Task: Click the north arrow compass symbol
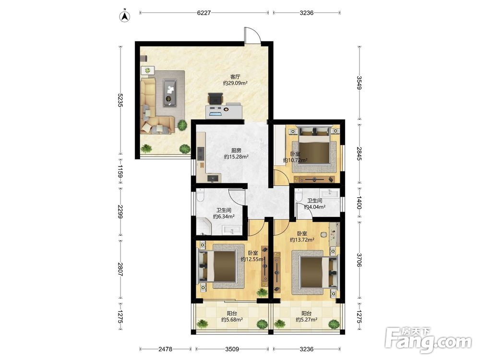point(125,16)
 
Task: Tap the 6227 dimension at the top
point(204,13)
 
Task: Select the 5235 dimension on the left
point(120,100)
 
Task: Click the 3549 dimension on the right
point(360,83)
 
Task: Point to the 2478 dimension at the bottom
point(165,349)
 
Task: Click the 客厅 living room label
point(235,76)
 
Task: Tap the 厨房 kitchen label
point(236,150)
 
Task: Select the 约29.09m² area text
point(235,83)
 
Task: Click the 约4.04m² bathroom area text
point(315,207)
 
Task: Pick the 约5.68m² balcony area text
point(232,320)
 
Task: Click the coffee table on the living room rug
point(169,93)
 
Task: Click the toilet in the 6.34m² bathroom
point(201,195)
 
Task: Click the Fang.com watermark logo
point(428,340)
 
